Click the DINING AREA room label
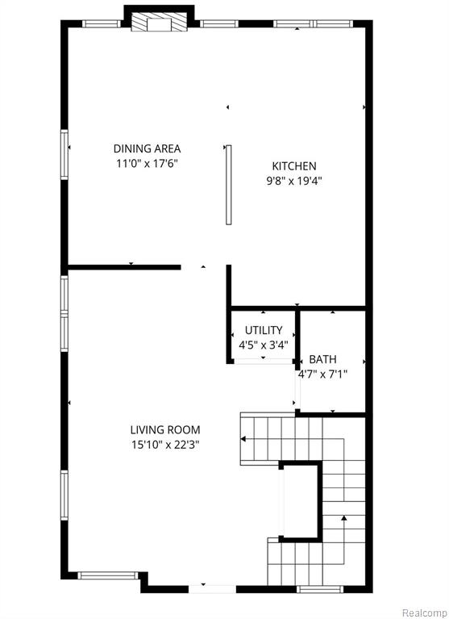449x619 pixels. click(147, 148)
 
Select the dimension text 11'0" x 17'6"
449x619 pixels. click(147, 164)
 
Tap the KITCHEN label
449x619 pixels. click(294, 166)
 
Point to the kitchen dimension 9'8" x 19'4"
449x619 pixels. click(294, 182)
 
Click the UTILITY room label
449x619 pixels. click(264, 330)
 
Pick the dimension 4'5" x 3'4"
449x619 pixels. click(264, 345)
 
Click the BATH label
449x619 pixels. click(322, 359)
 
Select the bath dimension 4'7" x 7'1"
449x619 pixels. click(322, 374)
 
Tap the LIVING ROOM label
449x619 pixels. click(165, 429)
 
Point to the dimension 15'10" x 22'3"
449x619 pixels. click(165, 445)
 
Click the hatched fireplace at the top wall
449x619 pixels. click(160, 22)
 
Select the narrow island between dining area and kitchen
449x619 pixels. click(229, 185)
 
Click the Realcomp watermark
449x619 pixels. click(425, 613)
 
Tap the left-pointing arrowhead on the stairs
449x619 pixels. click(243, 439)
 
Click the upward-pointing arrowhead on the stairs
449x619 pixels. click(343, 517)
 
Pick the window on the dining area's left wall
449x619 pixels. click(64, 154)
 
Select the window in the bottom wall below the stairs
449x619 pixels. click(320, 589)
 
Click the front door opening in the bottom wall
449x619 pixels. click(212, 589)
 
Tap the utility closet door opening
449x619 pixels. click(263, 361)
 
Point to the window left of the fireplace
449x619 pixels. click(102, 23)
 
